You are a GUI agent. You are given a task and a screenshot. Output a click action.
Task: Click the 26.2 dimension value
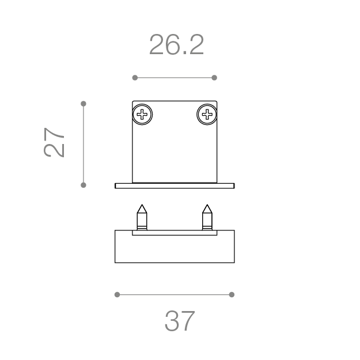tap(176, 44)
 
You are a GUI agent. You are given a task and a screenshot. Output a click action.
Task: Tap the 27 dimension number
tap(54, 142)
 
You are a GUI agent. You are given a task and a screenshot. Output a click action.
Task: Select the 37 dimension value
tap(180, 321)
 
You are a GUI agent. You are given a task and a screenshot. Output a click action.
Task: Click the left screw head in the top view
tap(142, 115)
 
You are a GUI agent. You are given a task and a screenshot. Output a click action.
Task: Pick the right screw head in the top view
tap(207, 115)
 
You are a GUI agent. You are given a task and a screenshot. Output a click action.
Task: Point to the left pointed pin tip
tap(142, 204)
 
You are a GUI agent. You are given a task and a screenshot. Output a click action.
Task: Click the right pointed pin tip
tap(207, 204)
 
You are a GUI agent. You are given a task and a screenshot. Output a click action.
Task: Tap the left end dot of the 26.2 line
tap(135, 78)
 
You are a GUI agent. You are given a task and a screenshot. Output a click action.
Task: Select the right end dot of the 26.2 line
tap(214, 78)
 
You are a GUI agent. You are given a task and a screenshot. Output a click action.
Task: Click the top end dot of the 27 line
tap(84, 104)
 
